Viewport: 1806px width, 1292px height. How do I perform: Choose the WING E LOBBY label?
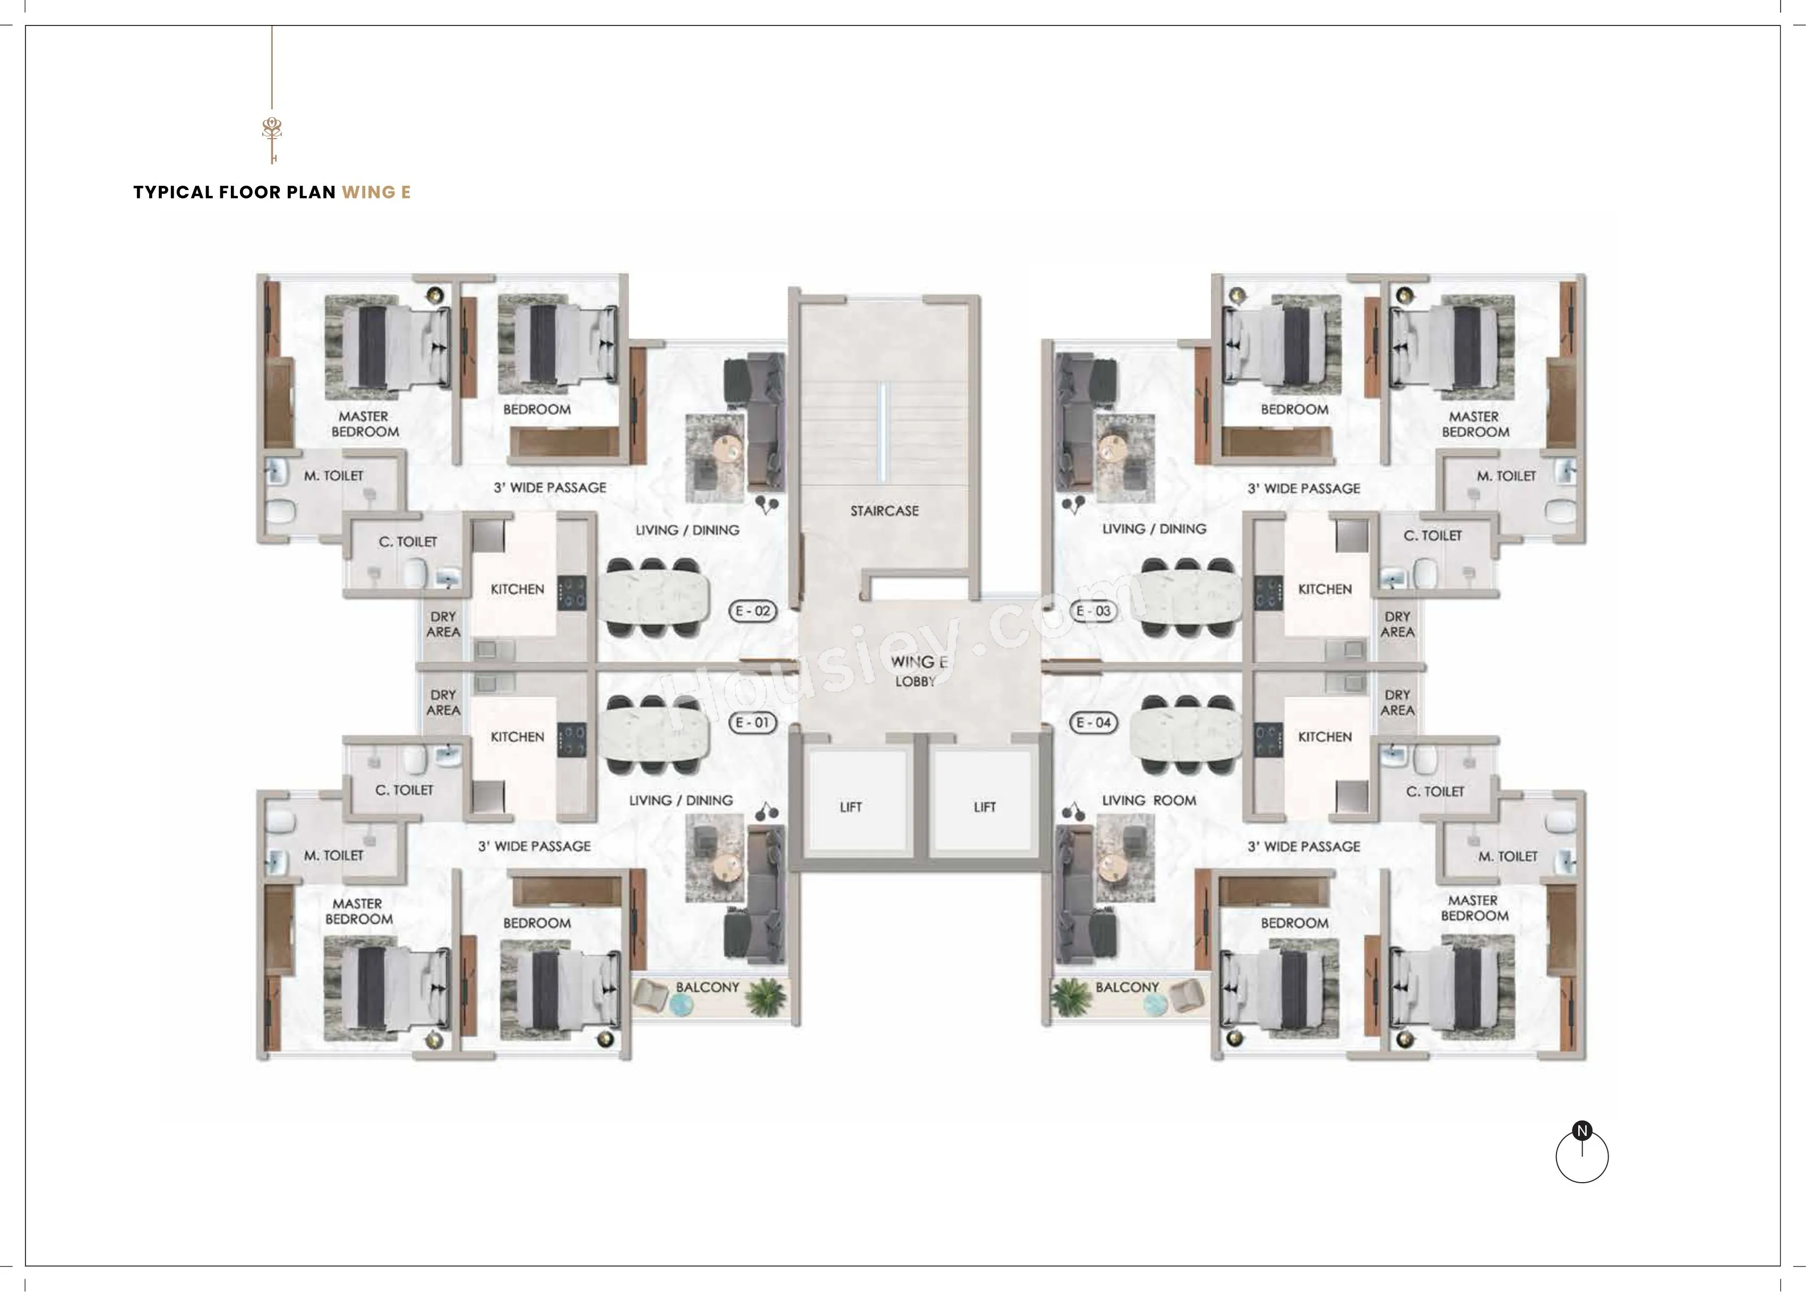[917, 670]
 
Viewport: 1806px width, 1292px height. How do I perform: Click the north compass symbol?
[1581, 1153]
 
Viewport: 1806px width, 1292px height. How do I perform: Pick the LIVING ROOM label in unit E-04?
[1149, 800]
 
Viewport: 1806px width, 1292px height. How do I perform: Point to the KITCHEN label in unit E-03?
[1325, 590]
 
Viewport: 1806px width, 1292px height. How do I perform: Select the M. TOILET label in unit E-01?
[333, 855]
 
